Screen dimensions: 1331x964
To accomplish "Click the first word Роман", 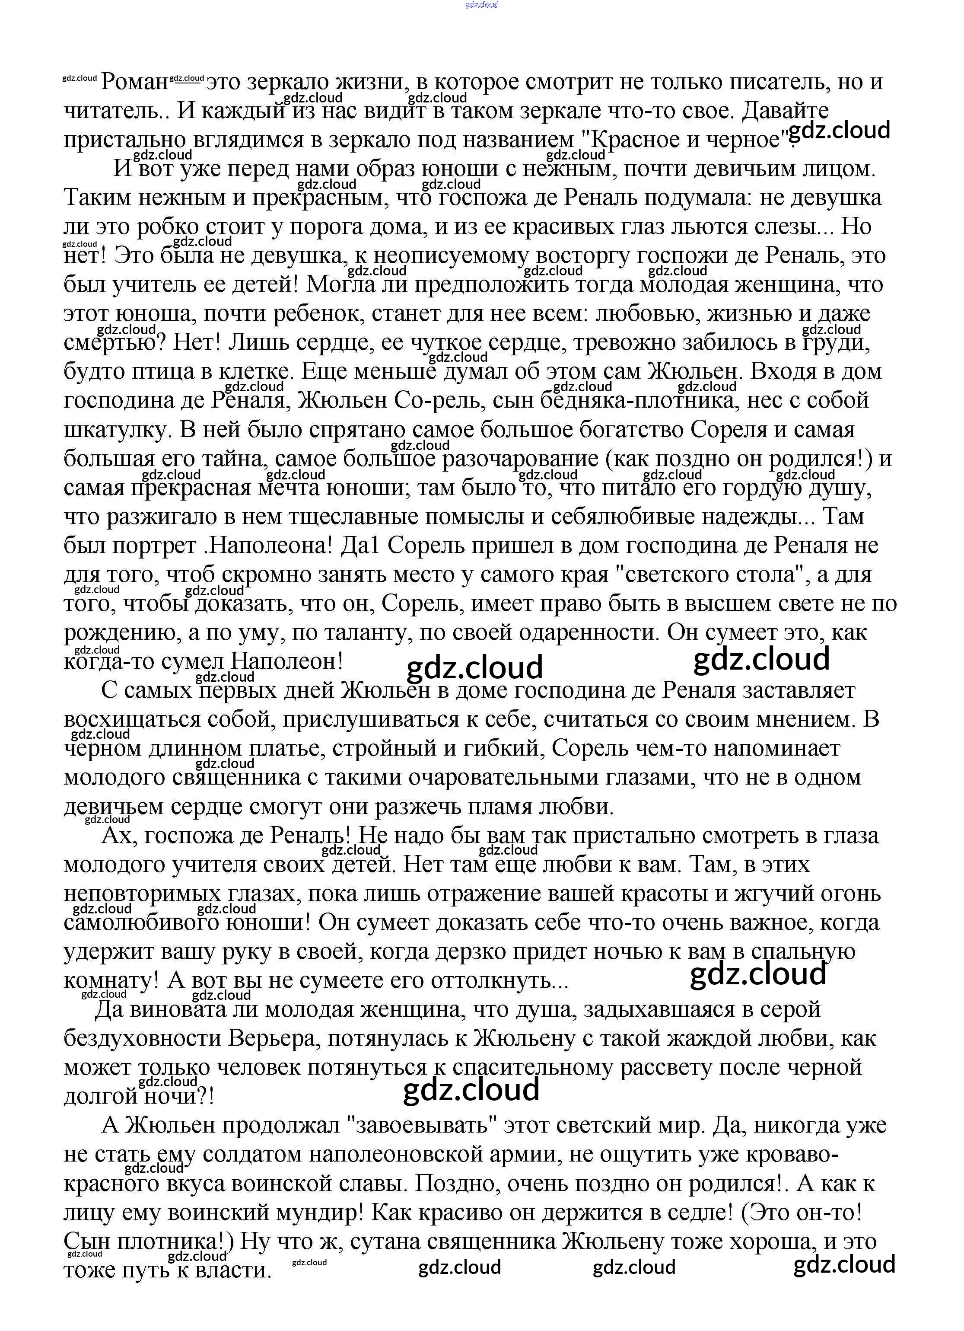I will [x=134, y=82].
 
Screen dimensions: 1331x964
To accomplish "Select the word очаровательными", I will [x=509, y=778].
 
